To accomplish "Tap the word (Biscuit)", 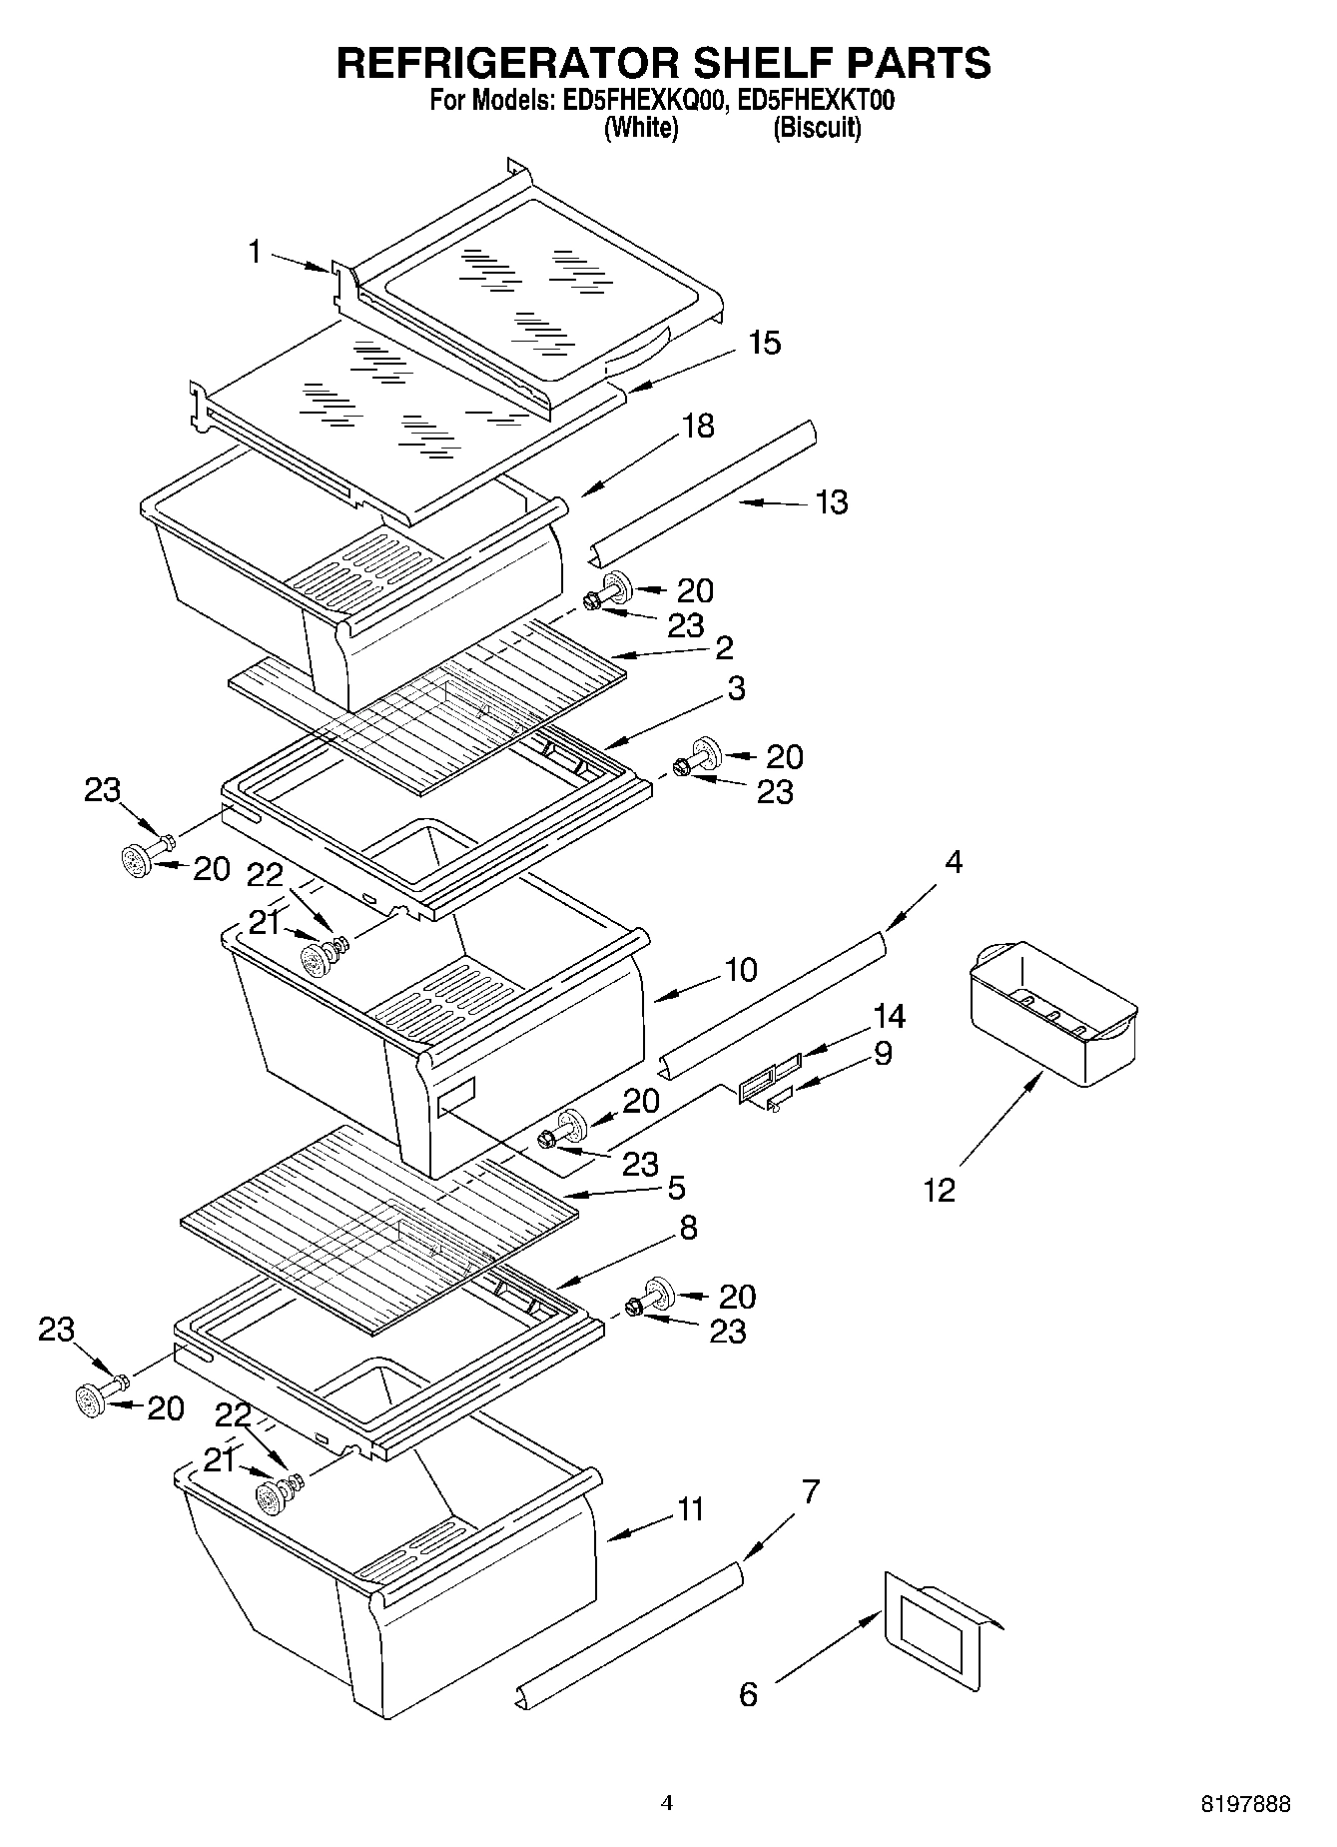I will tap(817, 127).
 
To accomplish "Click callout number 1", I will tap(256, 252).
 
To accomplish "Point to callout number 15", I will tap(764, 343).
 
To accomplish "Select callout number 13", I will tap(831, 501).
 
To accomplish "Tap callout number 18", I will tap(698, 426).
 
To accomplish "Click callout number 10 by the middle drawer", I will tap(741, 969).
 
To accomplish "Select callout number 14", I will tap(889, 1016).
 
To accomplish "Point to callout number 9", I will tap(883, 1053).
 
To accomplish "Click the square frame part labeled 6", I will tap(933, 1630).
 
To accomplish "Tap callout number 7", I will tap(811, 1492).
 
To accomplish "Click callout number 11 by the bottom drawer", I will tap(690, 1508).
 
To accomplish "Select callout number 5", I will tap(676, 1188).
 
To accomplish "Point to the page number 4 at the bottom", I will tap(667, 1803).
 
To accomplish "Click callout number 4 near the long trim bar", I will tap(954, 862).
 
